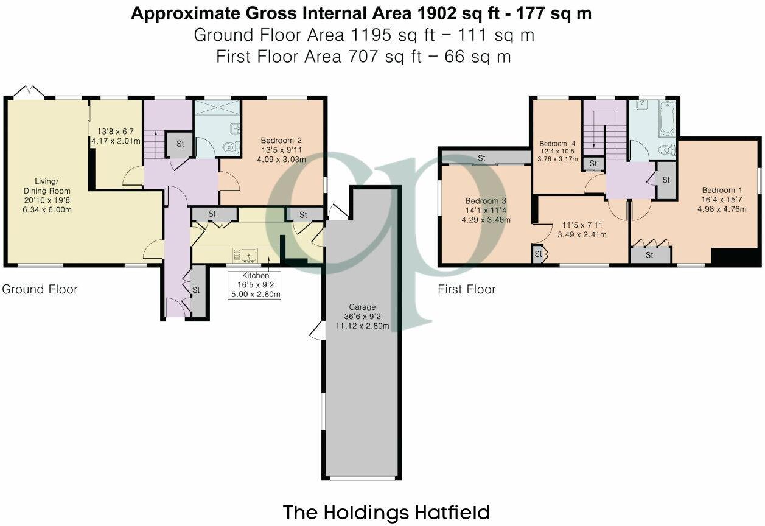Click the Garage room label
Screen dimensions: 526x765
point(362,307)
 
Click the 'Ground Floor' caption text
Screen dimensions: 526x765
point(40,289)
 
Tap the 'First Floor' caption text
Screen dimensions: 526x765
point(467,289)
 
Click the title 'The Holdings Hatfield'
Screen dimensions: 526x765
point(386,512)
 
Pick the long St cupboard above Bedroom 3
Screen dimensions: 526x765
point(484,158)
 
